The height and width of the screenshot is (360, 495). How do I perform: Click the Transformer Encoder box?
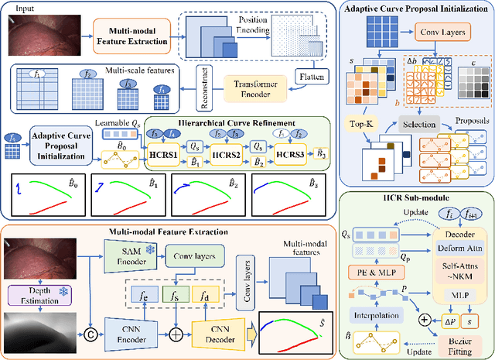[x=258, y=87]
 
